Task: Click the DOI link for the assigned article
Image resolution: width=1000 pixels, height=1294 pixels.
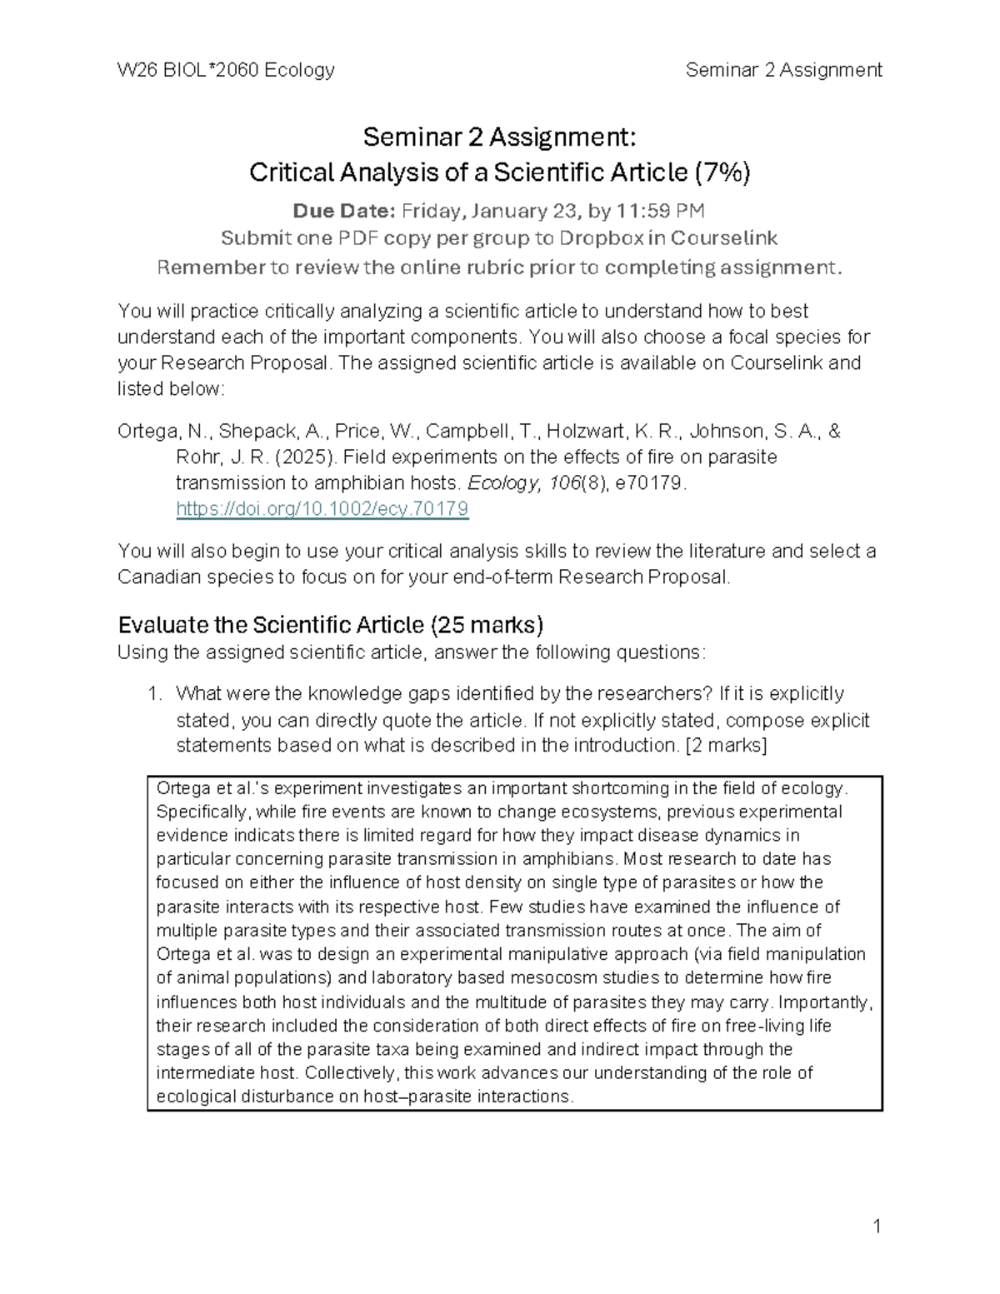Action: pos(322,508)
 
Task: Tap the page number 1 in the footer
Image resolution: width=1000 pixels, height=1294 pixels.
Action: pos(876,1226)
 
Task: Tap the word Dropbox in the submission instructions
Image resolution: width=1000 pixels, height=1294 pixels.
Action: pos(601,238)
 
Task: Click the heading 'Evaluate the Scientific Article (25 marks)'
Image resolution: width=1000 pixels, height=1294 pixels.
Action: pos(331,625)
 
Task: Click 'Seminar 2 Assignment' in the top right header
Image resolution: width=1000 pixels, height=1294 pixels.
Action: pos(783,70)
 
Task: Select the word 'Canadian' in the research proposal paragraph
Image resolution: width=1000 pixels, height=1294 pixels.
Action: pos(155,577)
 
